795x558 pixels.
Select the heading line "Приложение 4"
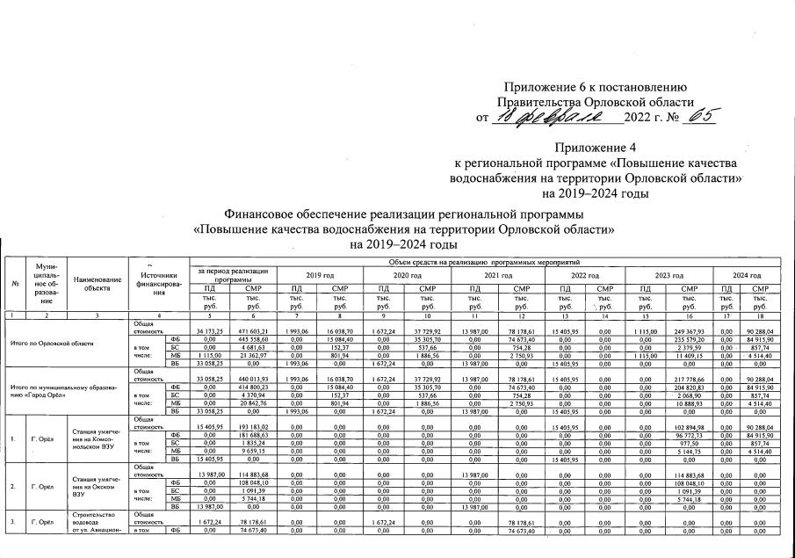[594, 149]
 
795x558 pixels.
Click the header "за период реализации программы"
[232, 273]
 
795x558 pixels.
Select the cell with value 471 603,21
[253, 330]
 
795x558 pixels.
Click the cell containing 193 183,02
[253, 425]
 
